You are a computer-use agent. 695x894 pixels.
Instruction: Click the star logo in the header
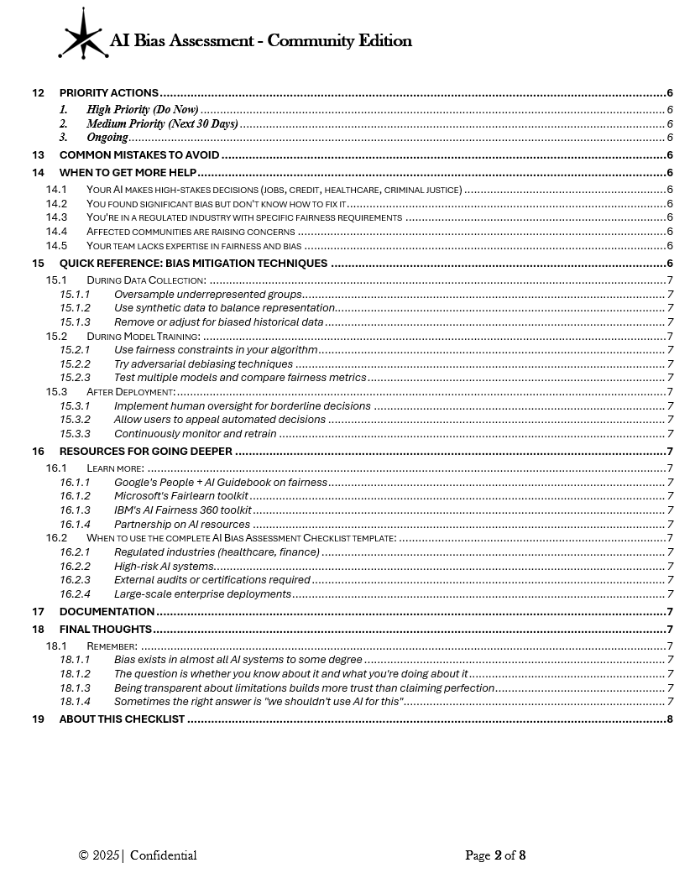tap(84, 34)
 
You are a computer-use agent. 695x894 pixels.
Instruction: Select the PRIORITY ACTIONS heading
tap(109, 93)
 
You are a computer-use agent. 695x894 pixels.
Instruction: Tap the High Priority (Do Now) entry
tap(142, 109)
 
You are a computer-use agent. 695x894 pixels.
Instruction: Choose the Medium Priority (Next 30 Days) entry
tap(162, 123)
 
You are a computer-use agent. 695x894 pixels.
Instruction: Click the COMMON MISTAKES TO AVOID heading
tap(139, 154)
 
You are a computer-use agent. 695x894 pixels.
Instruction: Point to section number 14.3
tap(56, 217)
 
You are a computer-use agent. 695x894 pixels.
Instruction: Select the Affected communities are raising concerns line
tap(191, 231)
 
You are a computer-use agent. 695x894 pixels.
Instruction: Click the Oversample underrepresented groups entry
tap(207, 295)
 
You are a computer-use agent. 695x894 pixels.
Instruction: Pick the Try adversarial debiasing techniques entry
tap(203, 364)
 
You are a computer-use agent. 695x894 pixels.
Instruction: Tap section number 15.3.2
tap(75, 420)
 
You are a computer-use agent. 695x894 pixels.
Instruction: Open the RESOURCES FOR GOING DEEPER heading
tap(146, 452)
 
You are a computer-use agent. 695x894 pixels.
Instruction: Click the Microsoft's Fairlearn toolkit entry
tap(180, 496)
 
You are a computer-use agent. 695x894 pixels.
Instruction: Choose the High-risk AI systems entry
tap(164, 566)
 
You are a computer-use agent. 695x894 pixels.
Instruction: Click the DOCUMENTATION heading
tap(107, 612)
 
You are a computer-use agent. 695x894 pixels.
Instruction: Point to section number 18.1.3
tap(75, 687)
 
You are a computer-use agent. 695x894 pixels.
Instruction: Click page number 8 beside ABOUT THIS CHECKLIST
tap(669, 719)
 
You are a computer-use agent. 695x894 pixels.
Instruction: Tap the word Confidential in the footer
tap(163, 855)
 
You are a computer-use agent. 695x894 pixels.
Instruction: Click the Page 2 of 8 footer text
tap(495, 855)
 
